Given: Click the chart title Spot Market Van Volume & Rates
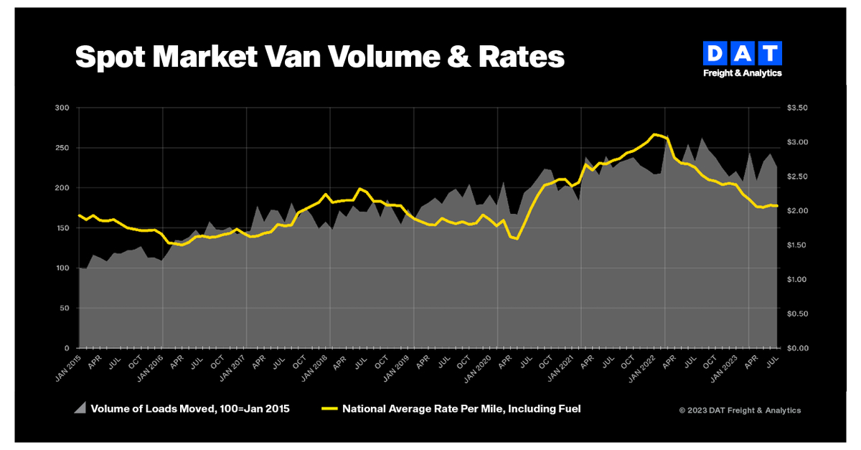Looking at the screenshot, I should click(x=319, y=57).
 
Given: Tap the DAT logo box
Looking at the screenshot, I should click(x=742, y=53).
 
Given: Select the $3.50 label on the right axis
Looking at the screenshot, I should click(x=797, y=108).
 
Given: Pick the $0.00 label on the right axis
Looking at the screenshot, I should click(x=797, y=348).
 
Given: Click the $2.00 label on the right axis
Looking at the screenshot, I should click(x=797, y=211).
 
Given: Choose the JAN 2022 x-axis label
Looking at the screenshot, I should click(x=651, y=365).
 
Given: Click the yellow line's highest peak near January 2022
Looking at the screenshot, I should click(x=654, y=134).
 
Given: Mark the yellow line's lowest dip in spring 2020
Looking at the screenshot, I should click(x=517, y=238).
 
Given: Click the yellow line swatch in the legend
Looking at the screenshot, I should click(x=330, y=409).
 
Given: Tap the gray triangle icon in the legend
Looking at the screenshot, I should click(x=80, y=408).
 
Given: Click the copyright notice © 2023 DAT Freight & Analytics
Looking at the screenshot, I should click(x=740, y=411).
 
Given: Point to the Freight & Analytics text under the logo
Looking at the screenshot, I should click(x=742, y=72).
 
